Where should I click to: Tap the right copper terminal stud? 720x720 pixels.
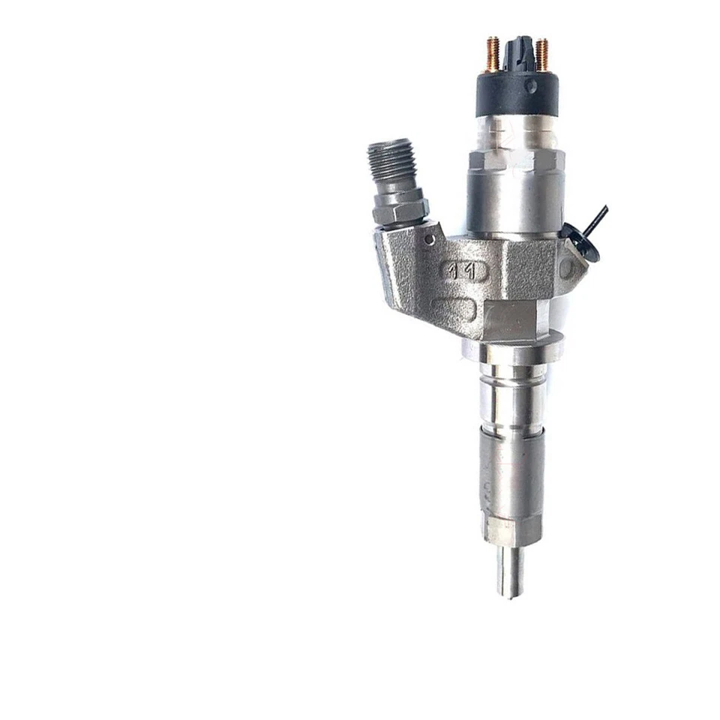point(541,54)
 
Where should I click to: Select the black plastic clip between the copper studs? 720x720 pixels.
point(518,52)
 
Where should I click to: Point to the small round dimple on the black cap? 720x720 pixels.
point(531,86)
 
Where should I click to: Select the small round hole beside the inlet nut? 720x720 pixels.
point(430,238)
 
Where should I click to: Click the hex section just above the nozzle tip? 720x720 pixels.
point(511,531)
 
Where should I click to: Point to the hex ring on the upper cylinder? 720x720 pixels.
point(515,160)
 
